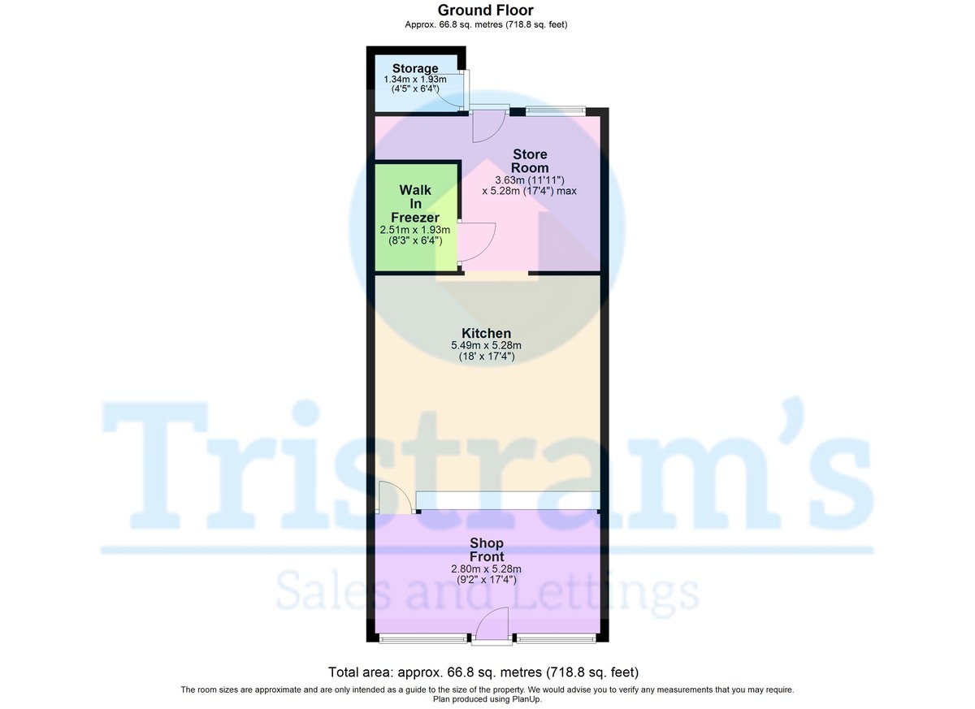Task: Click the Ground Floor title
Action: [486, 10]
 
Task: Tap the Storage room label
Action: [415, 68]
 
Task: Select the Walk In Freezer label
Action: [415, 203]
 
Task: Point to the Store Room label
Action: [529, 161]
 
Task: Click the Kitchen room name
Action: [486, 333]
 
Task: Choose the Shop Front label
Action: [486, 550]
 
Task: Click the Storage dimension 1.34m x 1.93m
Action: [416, 80]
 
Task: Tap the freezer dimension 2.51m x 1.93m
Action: [415, 230]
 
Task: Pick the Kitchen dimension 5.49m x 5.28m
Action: [486, 345]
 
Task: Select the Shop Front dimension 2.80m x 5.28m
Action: [486, 568]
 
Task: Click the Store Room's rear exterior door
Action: [489, 123]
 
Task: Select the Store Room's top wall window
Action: [556, 110]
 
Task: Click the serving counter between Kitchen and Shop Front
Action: [508, 500]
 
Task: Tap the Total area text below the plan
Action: [483, 672]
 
